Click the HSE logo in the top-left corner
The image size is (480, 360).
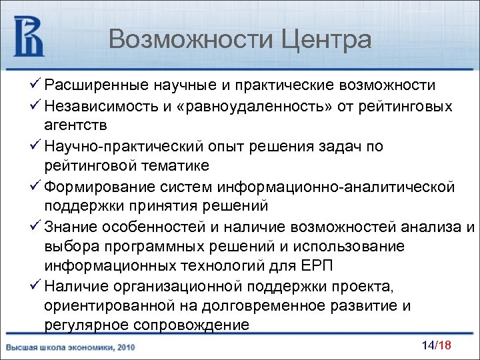pos(29,37)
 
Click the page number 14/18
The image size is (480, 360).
pos(437,346)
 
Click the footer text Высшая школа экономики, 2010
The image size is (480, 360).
pos(71,348)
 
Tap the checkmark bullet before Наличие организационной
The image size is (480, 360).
pos(36,287)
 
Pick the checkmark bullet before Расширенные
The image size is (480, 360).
pos(36,86)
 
